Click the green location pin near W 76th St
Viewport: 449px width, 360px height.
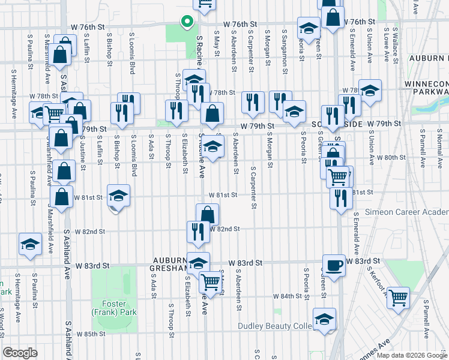187,23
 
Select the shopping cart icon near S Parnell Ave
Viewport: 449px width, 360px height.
399,297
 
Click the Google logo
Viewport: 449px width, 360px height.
20,352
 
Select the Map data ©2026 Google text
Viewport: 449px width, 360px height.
411,355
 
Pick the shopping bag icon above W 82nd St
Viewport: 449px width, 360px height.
207,215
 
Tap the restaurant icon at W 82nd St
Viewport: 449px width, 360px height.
198,232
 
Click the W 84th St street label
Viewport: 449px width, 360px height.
288,296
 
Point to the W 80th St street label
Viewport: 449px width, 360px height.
391,157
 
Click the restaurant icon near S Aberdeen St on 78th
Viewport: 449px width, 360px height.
253,103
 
